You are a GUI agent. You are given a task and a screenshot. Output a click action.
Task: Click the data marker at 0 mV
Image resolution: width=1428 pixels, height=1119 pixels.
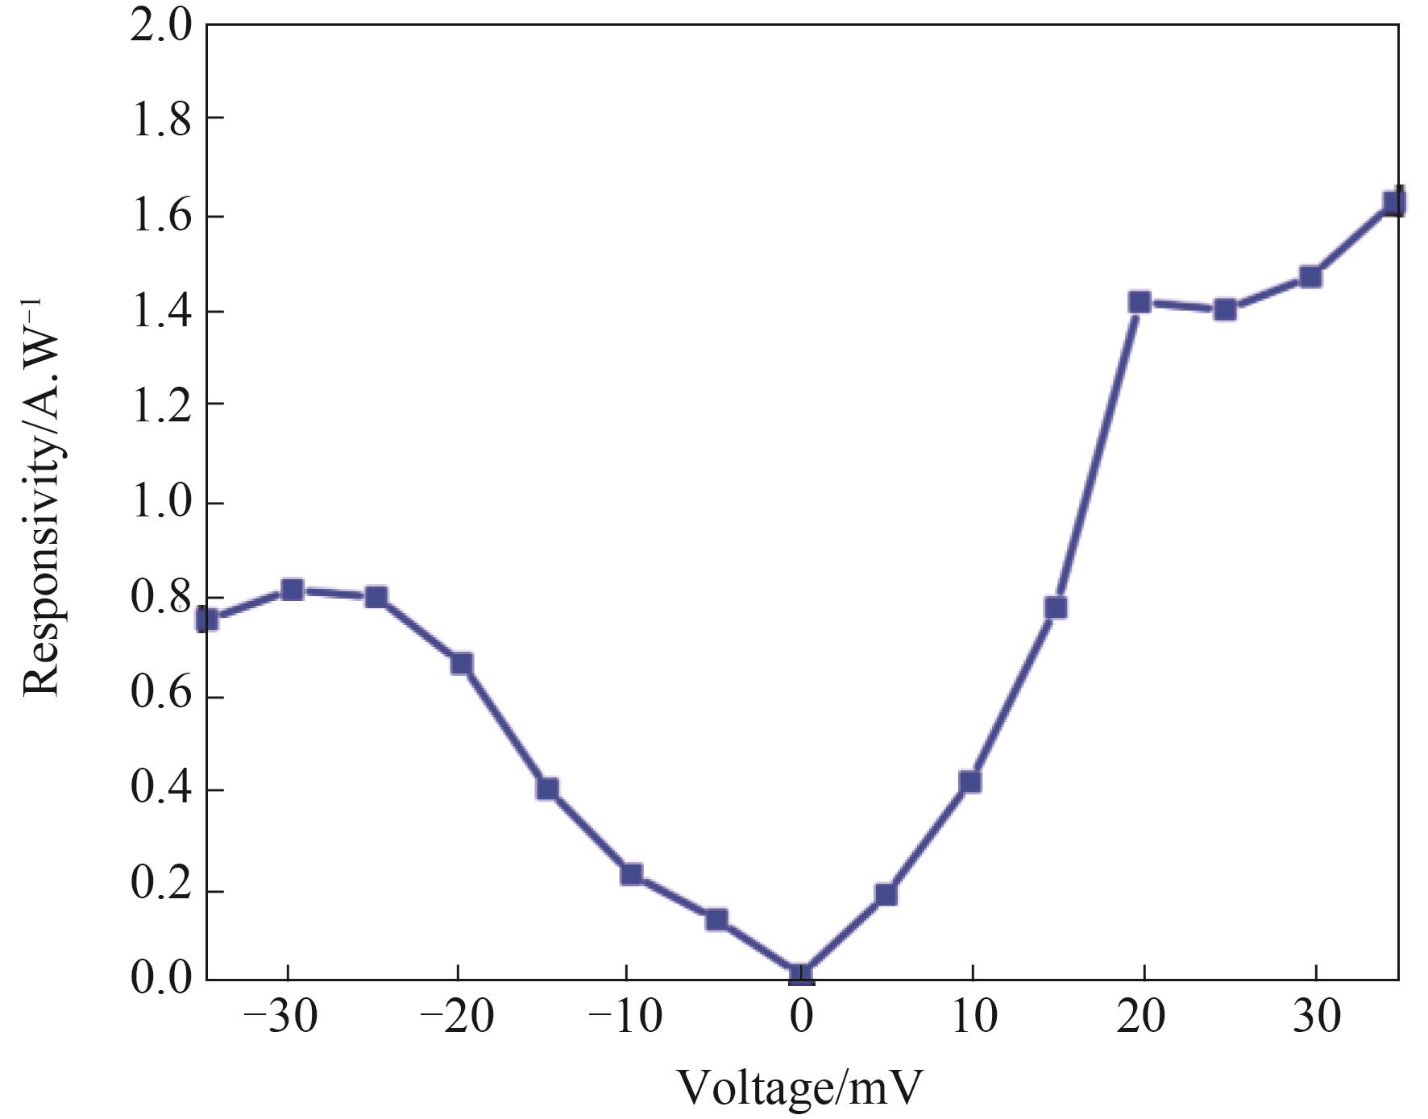pyautogui.click(x=801, y=975)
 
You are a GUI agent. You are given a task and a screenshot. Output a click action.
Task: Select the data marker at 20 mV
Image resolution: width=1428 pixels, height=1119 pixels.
pyautogui.click(x=1139, y=303)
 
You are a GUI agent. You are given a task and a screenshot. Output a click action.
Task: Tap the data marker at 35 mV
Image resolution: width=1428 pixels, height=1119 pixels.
pyautogui.click(x=1394, y=202)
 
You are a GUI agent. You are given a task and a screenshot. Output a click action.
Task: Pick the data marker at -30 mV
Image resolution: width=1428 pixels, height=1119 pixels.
pyautogui.click(x=293, y=590)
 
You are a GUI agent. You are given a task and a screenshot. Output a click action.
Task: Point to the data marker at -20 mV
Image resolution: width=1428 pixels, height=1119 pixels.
pyautogui.click(x=462, y=664)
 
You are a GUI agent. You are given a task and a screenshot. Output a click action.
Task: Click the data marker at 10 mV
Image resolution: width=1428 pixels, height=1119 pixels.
pyautogui.click(x=970, y=781)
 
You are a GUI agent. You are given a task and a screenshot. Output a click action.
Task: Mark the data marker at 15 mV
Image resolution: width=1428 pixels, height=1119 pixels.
pyautogui.click(x=1056, y=607)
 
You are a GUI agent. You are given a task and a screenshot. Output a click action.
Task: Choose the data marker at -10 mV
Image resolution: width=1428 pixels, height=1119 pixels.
pyautogui.click(x=632, y=874)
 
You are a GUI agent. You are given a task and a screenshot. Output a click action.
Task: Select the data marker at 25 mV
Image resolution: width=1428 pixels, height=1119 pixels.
pyautogui.click(x=1225, y=309)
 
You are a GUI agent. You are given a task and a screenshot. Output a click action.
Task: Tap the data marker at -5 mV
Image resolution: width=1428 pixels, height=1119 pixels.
pyautogui.click(x=716, y=919)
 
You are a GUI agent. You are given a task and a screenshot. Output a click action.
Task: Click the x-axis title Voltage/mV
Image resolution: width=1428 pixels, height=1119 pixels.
pyautogui.click(x=799, y=1088)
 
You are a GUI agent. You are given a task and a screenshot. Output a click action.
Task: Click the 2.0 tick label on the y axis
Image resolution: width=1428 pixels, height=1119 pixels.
pyautogui.click(x=161, y=26)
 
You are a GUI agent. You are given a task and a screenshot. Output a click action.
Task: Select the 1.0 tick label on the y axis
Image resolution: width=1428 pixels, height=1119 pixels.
pyautogui.click(x=161, y=503)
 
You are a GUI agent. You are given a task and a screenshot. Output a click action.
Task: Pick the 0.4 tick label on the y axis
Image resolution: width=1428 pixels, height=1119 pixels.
pyautogui.click(x=161, y=790)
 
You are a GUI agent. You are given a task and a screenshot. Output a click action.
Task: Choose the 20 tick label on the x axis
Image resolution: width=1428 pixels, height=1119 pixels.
pyautogui.click(x=1141, y=1017)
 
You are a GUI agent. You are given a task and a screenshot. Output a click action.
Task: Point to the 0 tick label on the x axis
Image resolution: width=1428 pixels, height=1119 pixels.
pyautogui.click(x=801, y=1017)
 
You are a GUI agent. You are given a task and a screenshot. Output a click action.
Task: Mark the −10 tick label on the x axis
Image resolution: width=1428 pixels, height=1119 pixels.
pyautogui.click(x=625, y=1017)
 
